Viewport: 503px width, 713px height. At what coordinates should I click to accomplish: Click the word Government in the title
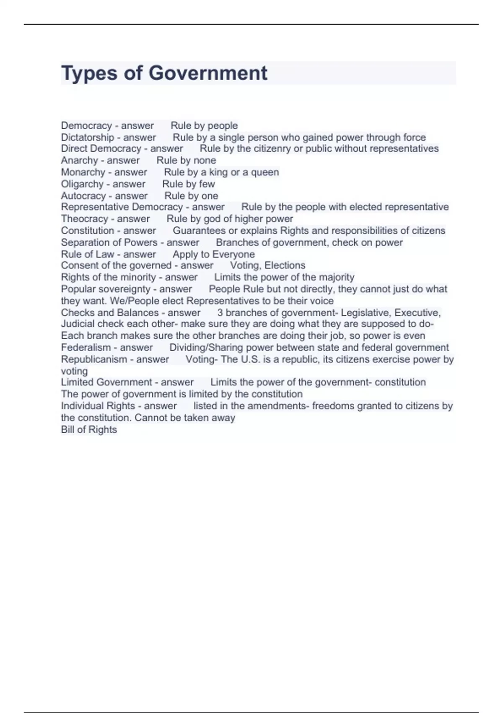pyautogui.click(x=208, y=73)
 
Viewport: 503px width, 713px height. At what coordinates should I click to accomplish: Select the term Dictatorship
pyautogui.click(x=88, y=138)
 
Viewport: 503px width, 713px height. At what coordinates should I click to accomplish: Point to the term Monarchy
pyautogui.click(x=83, y=172)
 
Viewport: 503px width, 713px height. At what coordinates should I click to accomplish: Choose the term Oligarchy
pyautogui.click(x=82, y=184)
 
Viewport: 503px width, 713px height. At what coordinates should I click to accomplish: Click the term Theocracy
pyautogui.click(x=85, y=219)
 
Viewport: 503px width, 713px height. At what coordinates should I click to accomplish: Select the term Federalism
pyautogui.click(x=86, y=348)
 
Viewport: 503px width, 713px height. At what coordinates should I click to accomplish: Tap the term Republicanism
pyautogui.click(x=94, y=359)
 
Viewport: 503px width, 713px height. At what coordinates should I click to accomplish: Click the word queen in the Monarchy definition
pyautogui.click(x=265, y=172)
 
